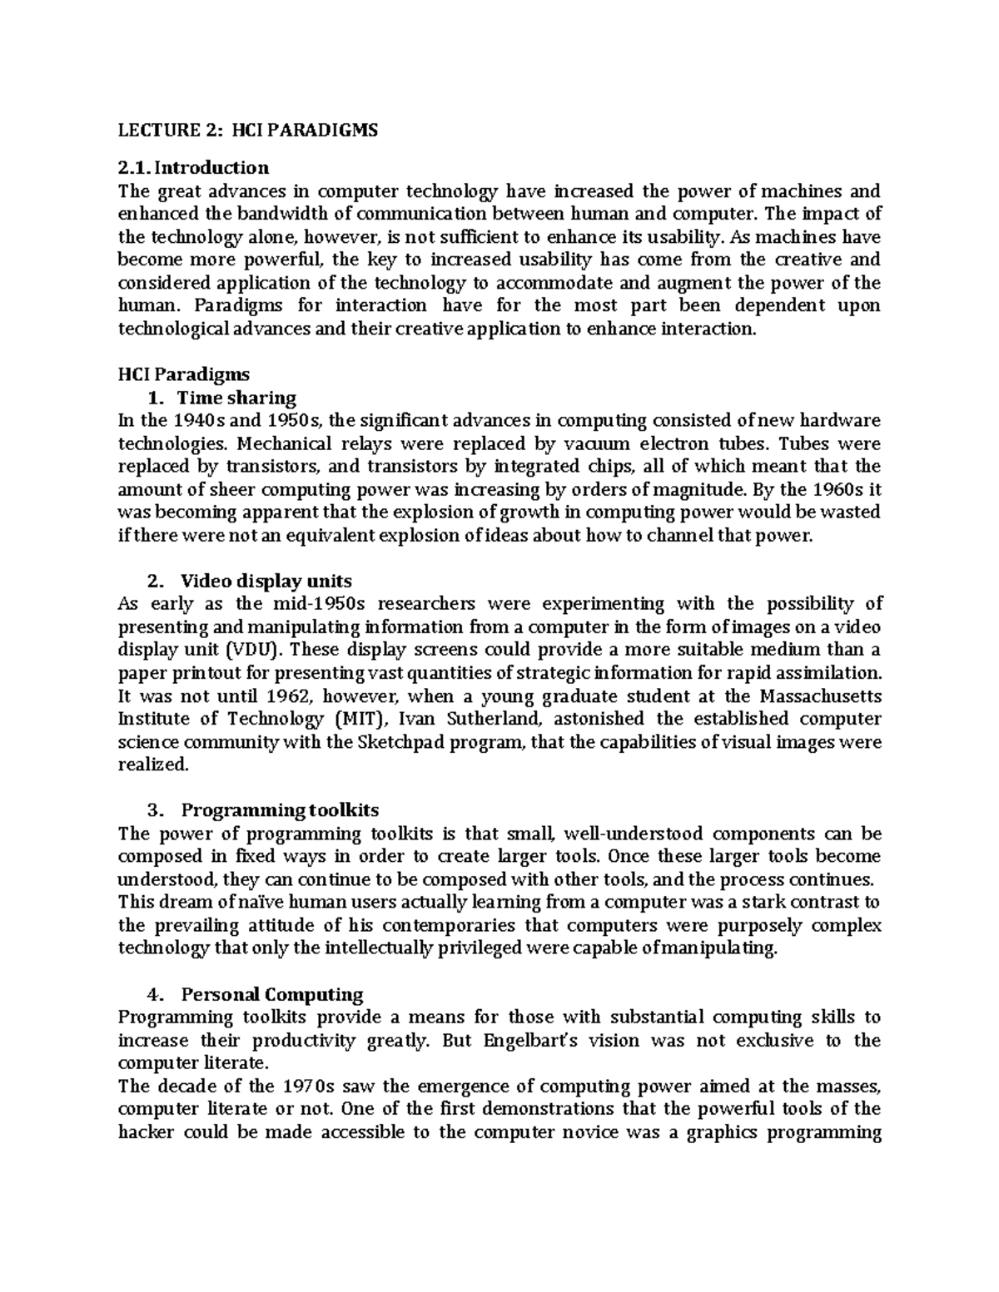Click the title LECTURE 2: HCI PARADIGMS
point(247,131)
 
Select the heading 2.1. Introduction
point(193,169)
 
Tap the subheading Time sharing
point(237,398)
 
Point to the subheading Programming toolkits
point(280,810)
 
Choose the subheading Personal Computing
point(272,994)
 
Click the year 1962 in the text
point(291,696)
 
